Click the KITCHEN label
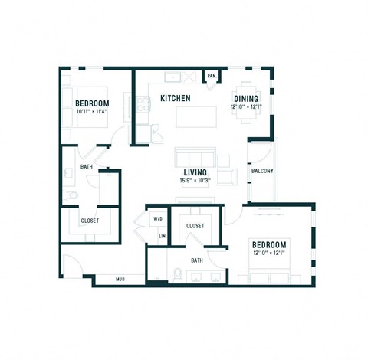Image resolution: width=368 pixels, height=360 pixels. click(x=175, y=98)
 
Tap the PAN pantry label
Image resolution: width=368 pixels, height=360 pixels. click(x=211, y=76)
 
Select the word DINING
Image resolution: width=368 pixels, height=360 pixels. click(x=246, y=98)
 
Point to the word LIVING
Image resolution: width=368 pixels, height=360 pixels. click(x=195, y=172)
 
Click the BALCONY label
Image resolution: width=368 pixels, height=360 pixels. click(x=262, y=171)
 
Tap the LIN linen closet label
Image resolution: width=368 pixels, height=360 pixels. click(x=162, y=236)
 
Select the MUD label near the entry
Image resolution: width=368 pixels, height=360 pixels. click(x=120, y=279)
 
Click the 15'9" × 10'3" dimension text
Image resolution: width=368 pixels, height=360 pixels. click(x=195, y=181)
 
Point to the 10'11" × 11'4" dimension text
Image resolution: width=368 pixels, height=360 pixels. click(x=92, y=111)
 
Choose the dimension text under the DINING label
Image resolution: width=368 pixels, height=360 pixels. click(x=246, y=106)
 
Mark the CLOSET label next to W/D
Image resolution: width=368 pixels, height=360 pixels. click(x=195, y=226)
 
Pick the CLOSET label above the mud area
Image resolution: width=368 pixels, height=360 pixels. click(x=90, y=221)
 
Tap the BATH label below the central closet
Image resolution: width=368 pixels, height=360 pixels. click(x=197, y=260)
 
